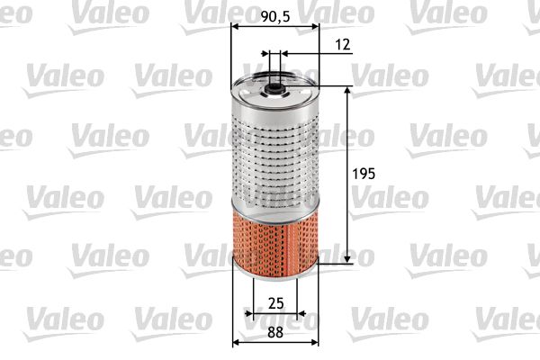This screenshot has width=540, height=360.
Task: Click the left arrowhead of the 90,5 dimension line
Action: pos(236,27)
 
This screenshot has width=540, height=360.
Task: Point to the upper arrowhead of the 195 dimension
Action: pos(349,91)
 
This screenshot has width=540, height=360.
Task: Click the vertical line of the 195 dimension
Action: pos(349,207)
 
